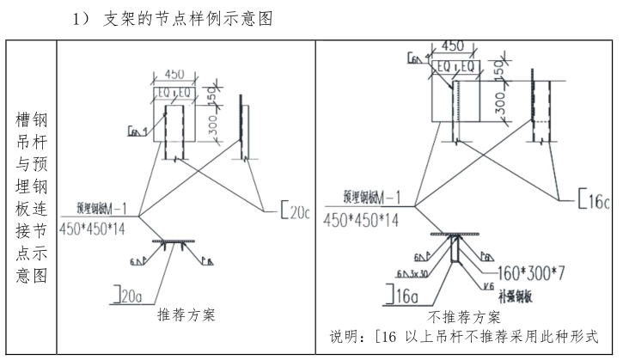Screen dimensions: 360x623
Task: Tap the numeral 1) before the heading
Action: [x=83, y=19]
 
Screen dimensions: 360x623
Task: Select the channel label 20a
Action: [x=130, y=297]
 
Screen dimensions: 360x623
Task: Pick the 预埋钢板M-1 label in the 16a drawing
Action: [x=372, y=198]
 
